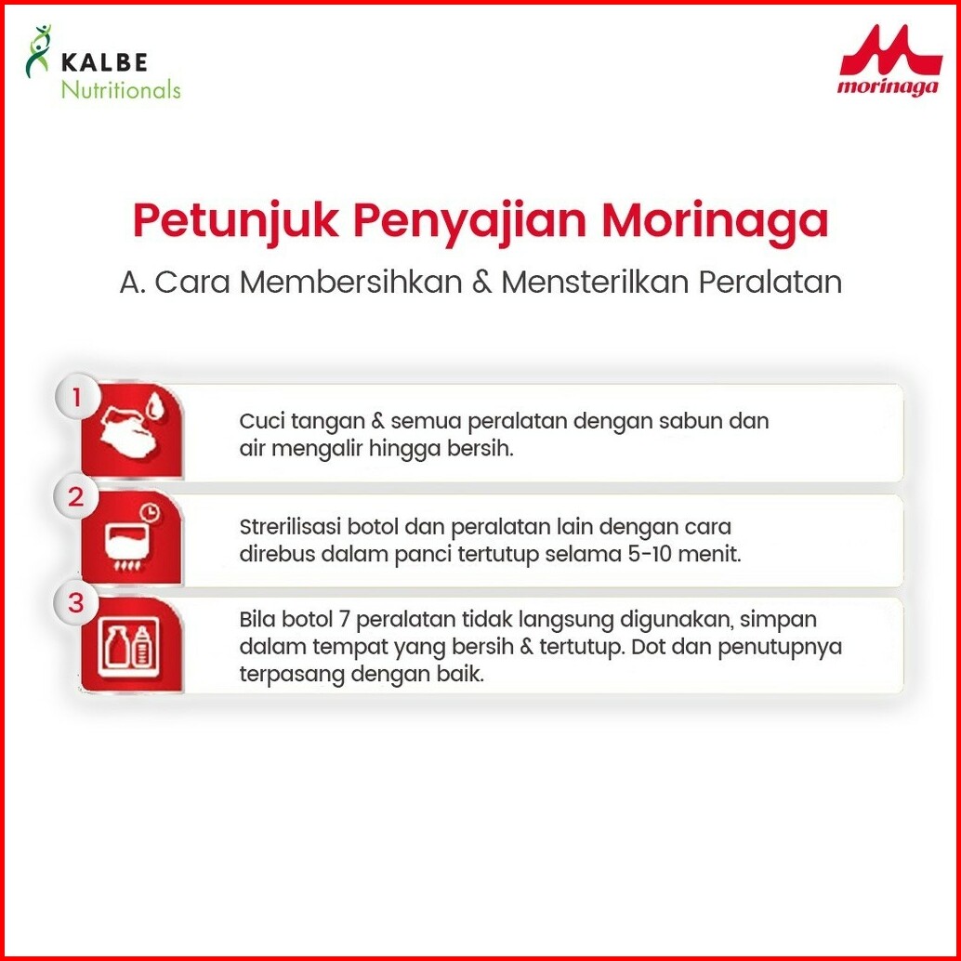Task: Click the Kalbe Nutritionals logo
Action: [x=103, y=62]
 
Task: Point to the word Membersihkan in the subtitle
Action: [x=350, y=283]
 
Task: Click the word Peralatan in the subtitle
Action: [x=770, y=283]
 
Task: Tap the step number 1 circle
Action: [x=76, y=398]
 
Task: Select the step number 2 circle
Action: [x=76, y=496]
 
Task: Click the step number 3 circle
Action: [x=76, y=602]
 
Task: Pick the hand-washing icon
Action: [x=130, y=432]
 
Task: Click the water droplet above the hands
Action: [x=155, y=406]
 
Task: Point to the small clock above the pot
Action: [x=150, y=512]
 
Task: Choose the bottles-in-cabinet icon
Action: [x=128, y=648]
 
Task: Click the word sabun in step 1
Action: [x=691, y=421]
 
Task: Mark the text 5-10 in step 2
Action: [x=650, y=554]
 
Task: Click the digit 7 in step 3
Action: [x=344, y=620]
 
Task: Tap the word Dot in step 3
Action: [x=644, y=647]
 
